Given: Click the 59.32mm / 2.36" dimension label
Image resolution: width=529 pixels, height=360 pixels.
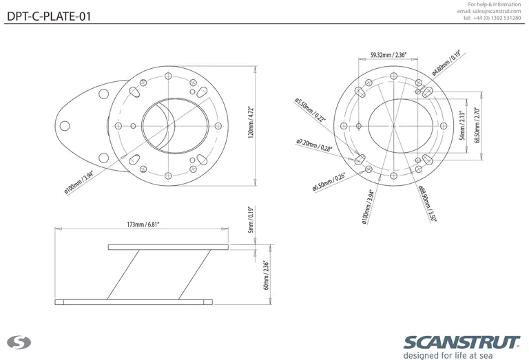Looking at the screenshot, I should [388, 54].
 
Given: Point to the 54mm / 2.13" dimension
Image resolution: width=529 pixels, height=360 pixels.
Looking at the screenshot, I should [461, 125].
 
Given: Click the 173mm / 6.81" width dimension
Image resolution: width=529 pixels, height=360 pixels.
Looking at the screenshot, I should [143, 225].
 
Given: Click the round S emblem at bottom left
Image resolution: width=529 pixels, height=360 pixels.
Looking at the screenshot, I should [16, 342].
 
